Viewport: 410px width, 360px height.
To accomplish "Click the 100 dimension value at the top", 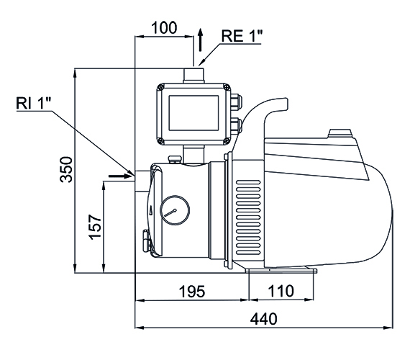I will (x=164, y=29).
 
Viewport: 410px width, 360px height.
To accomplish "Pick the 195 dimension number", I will (x=191, y=292).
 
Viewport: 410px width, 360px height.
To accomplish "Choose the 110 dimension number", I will (x=281, y=292).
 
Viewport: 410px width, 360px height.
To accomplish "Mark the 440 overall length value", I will (x=264, y=320).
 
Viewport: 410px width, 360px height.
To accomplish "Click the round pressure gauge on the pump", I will (x=173, y=212).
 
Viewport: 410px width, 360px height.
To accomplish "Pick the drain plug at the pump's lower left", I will (x=147, y=241).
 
